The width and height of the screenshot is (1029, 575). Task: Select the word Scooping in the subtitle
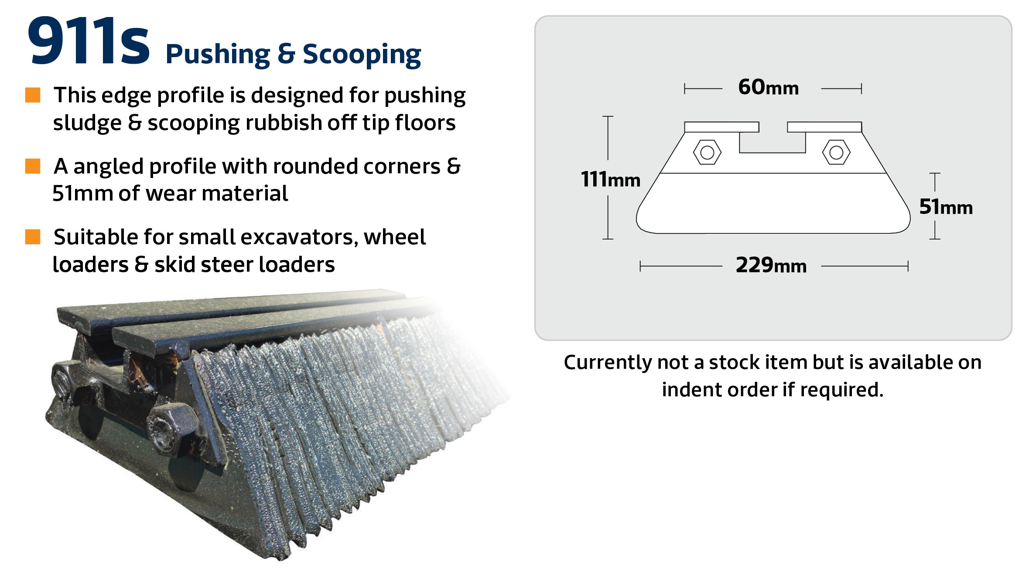pos(362,55)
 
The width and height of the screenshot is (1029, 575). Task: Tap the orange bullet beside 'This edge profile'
pos(33,95)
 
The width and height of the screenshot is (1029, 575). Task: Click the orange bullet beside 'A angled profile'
pos(33,166)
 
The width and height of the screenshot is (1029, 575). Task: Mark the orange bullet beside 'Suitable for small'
pos(33,237)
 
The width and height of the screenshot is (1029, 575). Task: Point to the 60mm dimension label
pos(768,87)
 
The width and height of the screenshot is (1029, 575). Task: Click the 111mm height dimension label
pos(610,179)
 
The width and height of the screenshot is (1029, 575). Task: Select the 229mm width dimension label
pos(771,265)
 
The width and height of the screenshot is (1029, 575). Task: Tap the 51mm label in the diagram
pos(946,206)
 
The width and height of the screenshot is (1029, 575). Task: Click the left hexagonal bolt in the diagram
pos(707,152)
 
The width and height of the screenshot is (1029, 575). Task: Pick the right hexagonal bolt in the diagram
pos(836,152)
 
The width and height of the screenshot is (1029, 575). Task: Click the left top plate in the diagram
pos(721,127)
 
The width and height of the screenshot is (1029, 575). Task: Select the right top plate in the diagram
pos(824,127)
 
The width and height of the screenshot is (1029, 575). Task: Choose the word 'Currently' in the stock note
pos(607,362)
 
